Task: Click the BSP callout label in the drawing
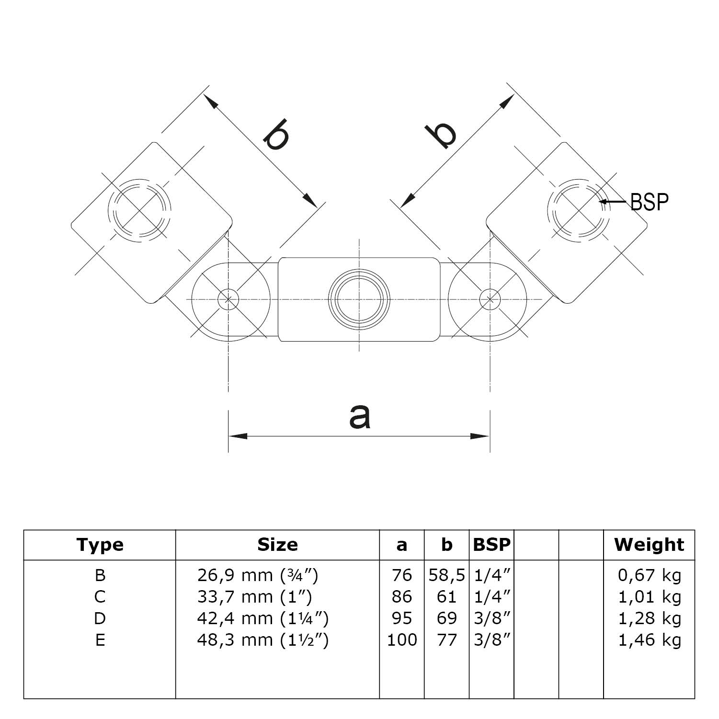[649, 202]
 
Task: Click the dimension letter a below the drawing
[360, 416]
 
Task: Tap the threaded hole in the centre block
[359, 299]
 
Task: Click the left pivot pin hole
[228, 299]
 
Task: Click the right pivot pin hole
[490, 299]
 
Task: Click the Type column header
[100, 545]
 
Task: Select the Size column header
[277, 545]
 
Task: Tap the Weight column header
[649, 545]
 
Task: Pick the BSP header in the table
[491, 545]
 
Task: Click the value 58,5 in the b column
[446, 575]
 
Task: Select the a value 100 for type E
[402, 640]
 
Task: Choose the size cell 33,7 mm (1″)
[254, 597]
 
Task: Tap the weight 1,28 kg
[649, 618]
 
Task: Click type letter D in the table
[100, 618]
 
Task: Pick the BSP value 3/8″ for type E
[492, 640]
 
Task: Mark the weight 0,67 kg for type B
[649, 575]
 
